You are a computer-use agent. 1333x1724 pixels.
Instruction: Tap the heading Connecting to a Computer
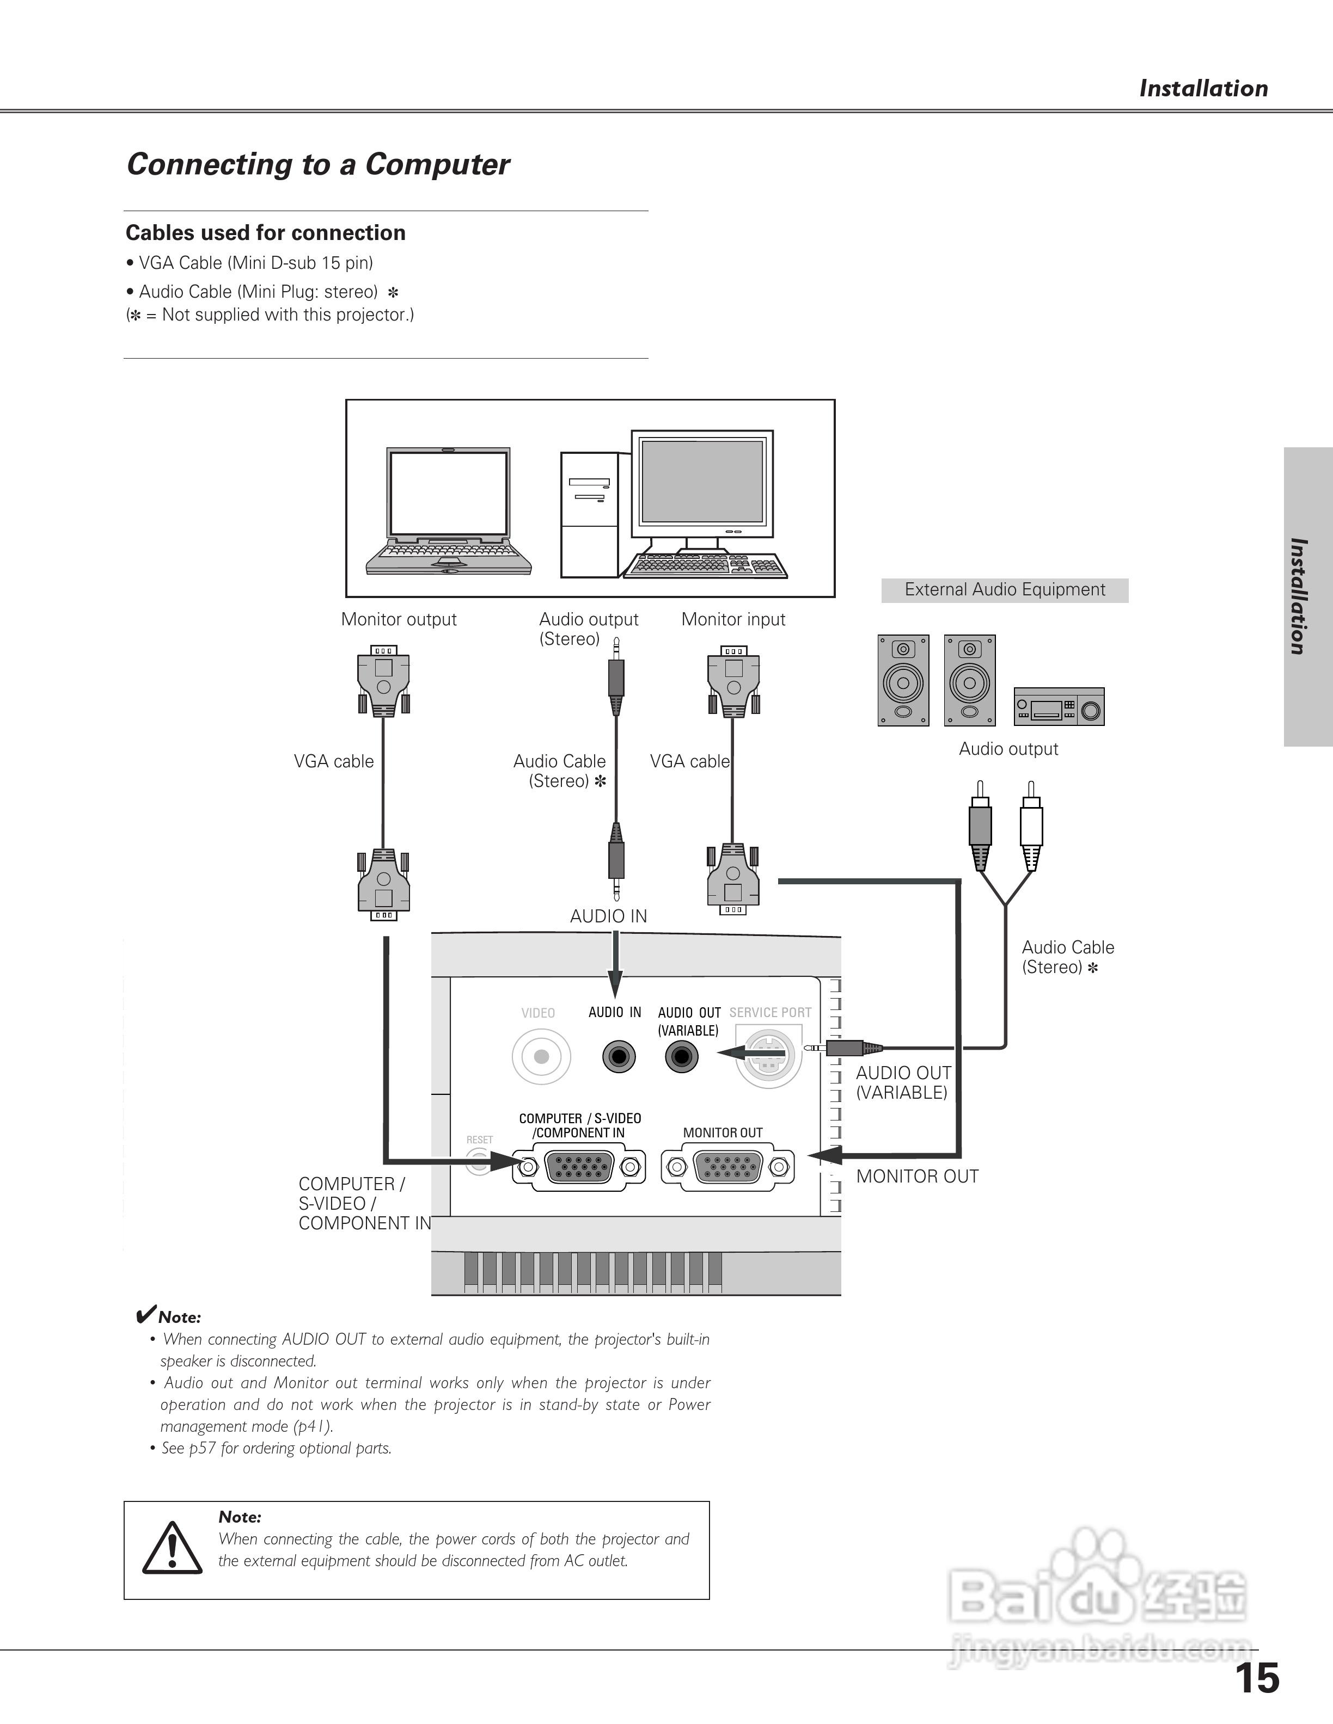click(x=318, y=164)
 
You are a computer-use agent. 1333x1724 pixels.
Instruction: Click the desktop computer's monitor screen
click(x=702, y=482)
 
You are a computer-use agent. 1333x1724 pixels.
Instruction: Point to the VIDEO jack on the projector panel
click(x=541, y=1056)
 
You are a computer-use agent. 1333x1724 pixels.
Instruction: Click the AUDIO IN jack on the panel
click(x=619, y=1056)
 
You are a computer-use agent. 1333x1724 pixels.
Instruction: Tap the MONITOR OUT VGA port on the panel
click(x=726, y=1167)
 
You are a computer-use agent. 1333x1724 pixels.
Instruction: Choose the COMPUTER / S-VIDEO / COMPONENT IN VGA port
click(x=579, y=1167)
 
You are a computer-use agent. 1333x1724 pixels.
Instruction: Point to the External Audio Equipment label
click(x=1005, y=590)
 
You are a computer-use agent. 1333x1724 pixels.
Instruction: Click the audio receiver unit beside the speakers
click(x=1058, y=706)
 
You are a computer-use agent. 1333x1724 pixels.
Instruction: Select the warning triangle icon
click(x=172, y=1549)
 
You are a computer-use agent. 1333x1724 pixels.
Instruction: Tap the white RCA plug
click(x=1031, y=825)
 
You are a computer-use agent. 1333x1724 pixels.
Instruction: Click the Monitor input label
click(x=733, y=620)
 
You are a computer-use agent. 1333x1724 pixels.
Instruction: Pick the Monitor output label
click(x=399, y=620)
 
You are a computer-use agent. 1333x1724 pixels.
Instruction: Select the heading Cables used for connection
click(x=265, y=233)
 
